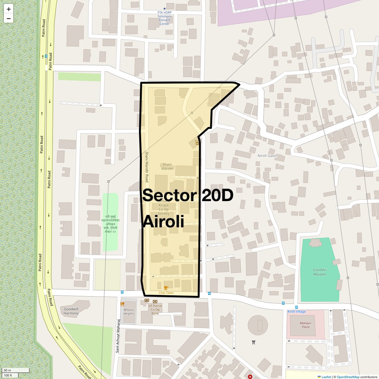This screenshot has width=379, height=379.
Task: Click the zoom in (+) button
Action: point(9,9)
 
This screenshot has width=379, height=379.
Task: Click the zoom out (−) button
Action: point(9,19)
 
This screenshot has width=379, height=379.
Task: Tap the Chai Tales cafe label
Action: point(166,293)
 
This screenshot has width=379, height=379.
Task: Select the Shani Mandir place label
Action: point(167,167)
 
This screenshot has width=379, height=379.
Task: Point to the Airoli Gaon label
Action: point(267,156)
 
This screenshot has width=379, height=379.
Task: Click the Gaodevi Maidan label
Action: point(319,272)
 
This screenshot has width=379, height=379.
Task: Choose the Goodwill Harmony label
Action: point(71,311)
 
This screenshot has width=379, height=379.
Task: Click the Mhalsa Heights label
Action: point(128,312)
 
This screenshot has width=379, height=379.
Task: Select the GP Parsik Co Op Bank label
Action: point(155,310)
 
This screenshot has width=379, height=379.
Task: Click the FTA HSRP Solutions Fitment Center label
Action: point(165,18)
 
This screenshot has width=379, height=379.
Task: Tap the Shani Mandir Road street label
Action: point(147,167)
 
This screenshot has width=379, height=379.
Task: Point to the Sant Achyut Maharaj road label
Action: point(117,336)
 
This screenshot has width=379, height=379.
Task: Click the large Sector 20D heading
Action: point(188,195)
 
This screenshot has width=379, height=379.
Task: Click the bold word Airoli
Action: point(163,221)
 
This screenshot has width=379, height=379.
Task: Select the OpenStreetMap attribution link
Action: point(348,377)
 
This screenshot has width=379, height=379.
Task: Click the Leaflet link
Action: point(326,377)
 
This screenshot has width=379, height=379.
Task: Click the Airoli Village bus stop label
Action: point(297,312)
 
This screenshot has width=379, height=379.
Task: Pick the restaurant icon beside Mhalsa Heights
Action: point(122,304)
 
